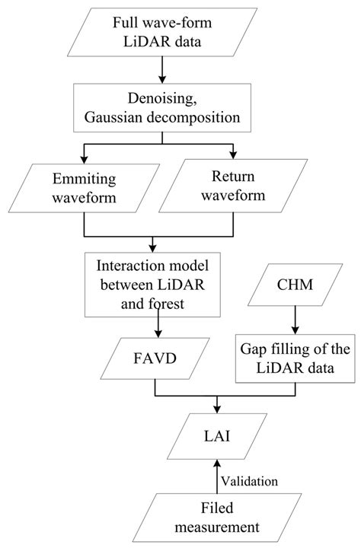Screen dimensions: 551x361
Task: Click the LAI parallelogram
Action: tap(219, 435)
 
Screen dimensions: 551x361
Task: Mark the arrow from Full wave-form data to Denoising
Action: tap(161, 71)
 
